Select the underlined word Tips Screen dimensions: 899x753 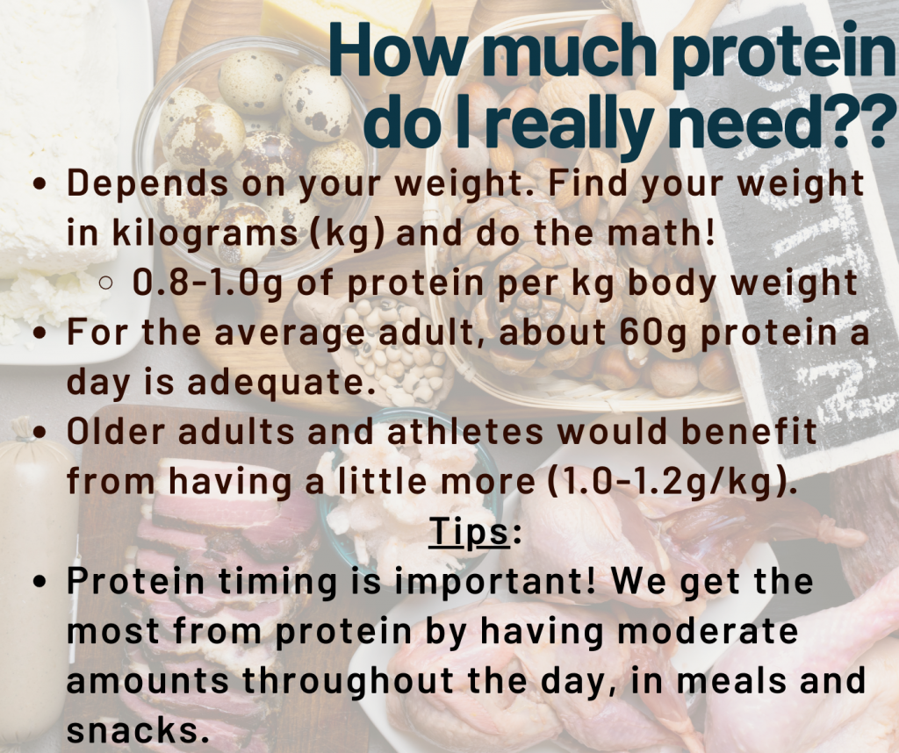pos(469,531)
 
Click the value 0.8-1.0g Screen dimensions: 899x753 pos(207,283)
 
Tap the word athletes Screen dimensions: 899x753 pos(465,431)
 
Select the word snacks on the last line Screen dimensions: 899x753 pos(137,730)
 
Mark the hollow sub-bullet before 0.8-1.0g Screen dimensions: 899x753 pos(106,283)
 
